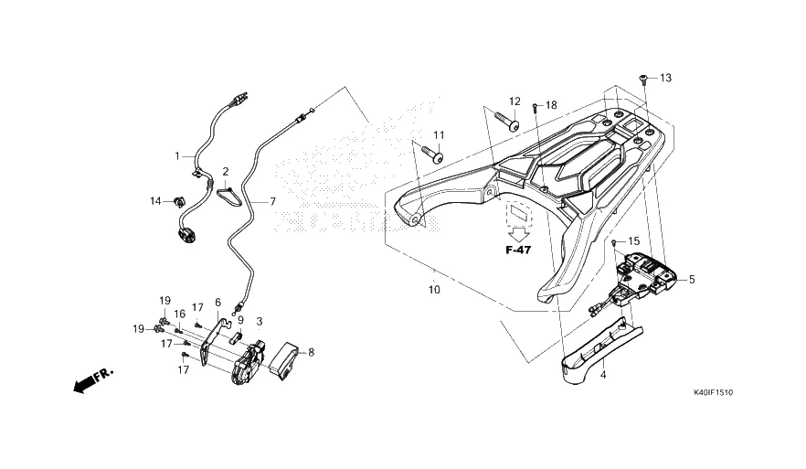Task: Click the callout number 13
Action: [665, 79]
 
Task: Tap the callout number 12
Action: [514, 101]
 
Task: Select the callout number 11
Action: [438, 135]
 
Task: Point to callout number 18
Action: [550, 106]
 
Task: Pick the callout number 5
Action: [692, 280]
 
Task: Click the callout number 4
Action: [603, 375]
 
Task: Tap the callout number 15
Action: [634, 242]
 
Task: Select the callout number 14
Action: [155, 200]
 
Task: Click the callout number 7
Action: [271, 201]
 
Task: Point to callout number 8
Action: [311, 351]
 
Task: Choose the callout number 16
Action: [180, 314]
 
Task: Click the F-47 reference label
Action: [518, 250]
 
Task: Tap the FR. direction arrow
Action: [91, 379]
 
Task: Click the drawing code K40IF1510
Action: [713, 392]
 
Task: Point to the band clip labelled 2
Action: [225, 193]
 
